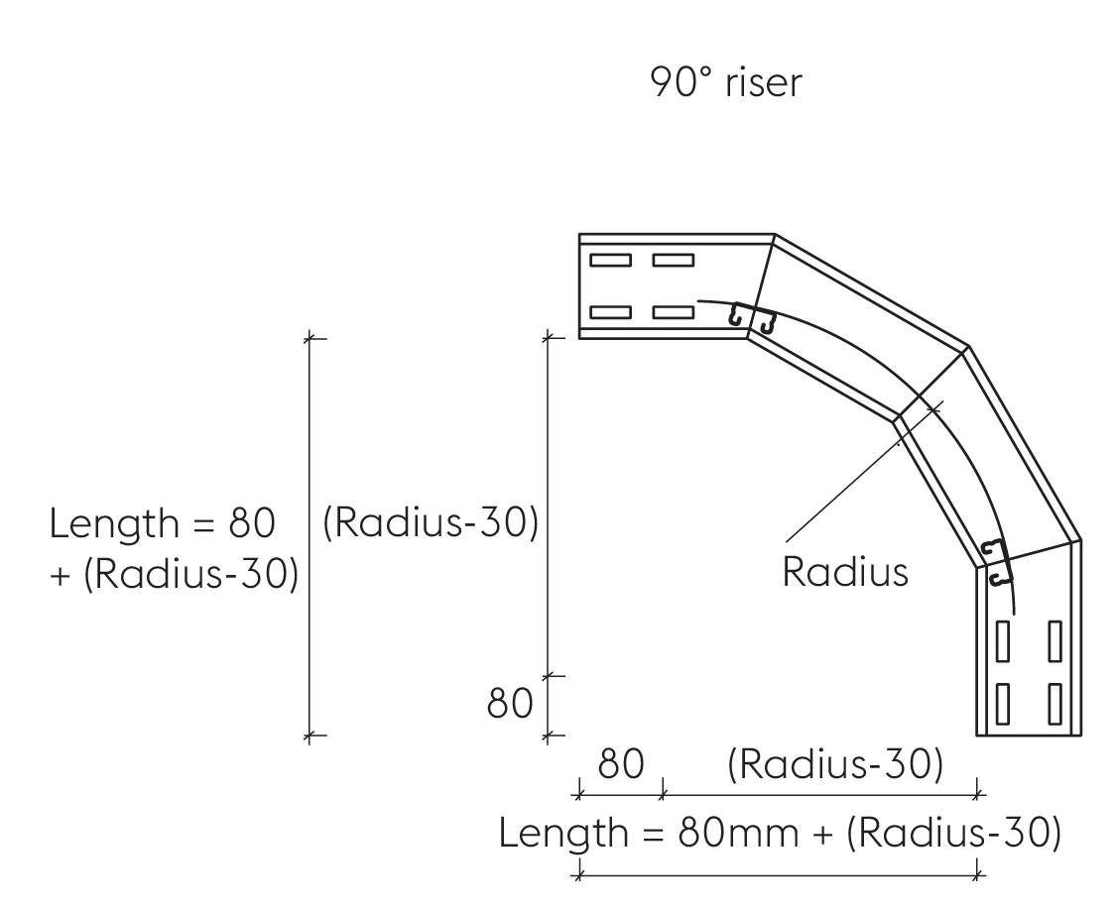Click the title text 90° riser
724,82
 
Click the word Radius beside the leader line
844,572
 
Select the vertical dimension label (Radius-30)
431,522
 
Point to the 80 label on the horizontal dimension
620,764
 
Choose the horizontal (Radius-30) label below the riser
833,764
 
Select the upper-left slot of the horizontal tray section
610,261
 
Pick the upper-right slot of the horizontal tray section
673,261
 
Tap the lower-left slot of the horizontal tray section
610,312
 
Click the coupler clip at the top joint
751,319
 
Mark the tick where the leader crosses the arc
933,406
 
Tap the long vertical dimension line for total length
310,535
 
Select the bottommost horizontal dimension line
779,874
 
